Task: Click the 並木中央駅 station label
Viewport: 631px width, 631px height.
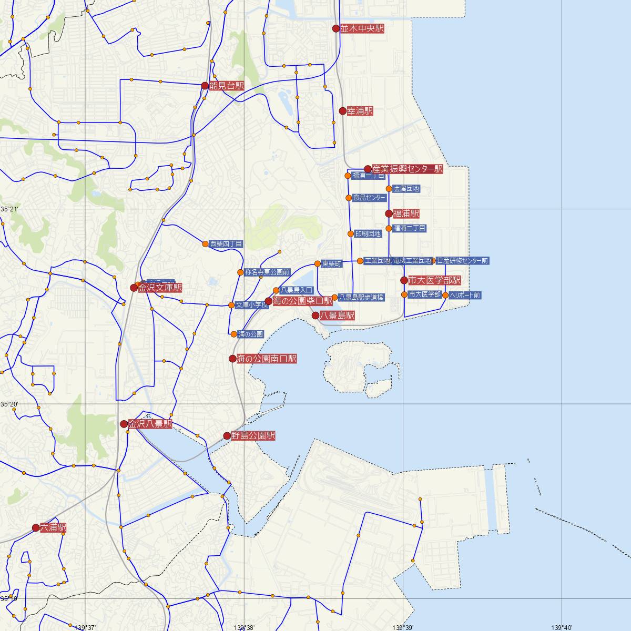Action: (x=362, y=29)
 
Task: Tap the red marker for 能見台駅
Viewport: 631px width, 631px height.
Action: (x=205, y=86)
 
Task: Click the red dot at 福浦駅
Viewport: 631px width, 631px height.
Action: (x=389, y=213)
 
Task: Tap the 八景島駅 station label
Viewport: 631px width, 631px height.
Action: (x=337, y=315)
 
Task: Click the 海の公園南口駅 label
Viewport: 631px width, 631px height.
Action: (x=267, y=359)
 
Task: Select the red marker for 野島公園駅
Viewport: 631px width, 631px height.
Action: (x=227, y=436)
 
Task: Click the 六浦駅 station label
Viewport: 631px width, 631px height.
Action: (x=53, y=527)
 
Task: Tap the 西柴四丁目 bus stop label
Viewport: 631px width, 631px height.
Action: (x=226, y=244)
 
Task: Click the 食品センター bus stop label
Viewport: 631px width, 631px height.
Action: (x=369, y=198)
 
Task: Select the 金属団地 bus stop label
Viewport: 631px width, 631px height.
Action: (x=406, y=188)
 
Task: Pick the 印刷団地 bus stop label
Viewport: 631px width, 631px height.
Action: (x=368, y=233)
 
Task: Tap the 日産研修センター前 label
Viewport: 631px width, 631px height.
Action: (x=462, y=260)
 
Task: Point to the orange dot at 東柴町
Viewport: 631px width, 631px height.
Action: (x=318, y=263)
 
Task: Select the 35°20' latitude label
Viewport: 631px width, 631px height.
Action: (x=9, y=404)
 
